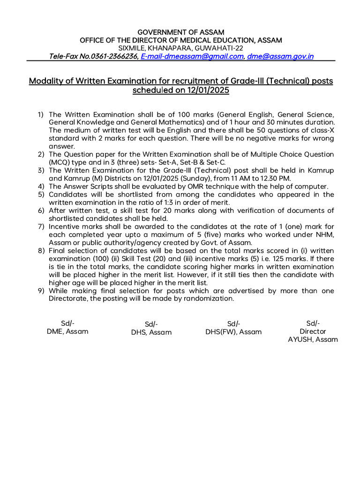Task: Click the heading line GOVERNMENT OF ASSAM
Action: pos(180,32)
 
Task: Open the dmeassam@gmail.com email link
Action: pos(192,57)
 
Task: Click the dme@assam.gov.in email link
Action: pos(280,57)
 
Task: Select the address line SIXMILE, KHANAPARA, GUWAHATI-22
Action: pos(180,48)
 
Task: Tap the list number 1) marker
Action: pos(41,114)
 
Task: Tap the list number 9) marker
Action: pos(41,291)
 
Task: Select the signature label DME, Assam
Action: pos(67,331)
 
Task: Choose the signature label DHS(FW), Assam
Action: pos(233,331)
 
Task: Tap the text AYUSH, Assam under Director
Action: pos(313,339)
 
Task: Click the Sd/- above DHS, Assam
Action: pos(151,324)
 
